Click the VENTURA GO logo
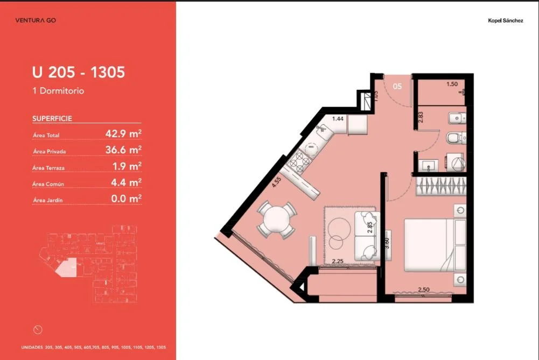36,20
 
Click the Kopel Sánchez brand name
505,20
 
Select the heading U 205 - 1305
79,72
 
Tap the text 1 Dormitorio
58,91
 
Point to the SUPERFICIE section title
52,118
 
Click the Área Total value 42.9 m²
123,133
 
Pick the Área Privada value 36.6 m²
123,150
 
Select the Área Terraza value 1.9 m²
127,166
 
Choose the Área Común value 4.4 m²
126,182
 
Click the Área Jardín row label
48,200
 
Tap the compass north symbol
38,330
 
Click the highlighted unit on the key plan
66,267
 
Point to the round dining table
276,220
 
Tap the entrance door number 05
397,86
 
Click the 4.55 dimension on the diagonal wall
276,182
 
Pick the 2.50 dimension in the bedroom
423,290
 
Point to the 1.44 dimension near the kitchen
338,118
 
